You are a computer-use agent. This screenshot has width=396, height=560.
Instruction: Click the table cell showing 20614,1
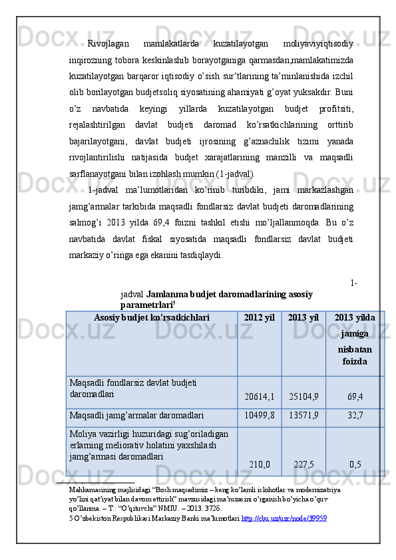[x=260, y=396]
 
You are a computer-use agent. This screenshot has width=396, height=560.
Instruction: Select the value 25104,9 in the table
[x=303, y=396]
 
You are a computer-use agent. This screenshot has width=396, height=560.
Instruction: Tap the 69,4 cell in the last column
[x=355, y=396]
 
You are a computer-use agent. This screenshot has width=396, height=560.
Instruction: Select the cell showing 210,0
[x=260, y=464]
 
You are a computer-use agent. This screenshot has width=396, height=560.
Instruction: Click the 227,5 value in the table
[x=303, y=464]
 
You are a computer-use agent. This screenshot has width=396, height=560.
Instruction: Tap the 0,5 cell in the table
[x=355, y=464]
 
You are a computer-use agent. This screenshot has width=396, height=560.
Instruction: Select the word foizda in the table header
[x=355, y=362]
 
